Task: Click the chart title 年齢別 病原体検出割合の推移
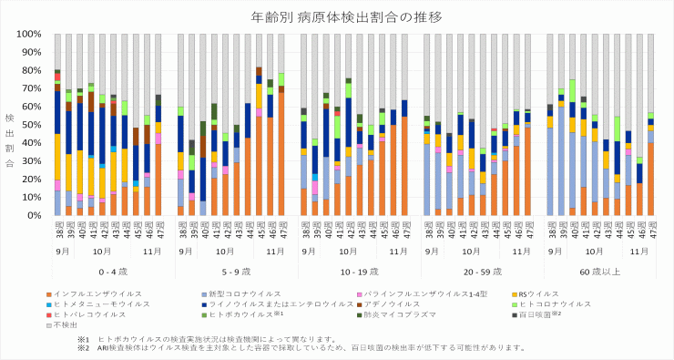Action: pos(337,17)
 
